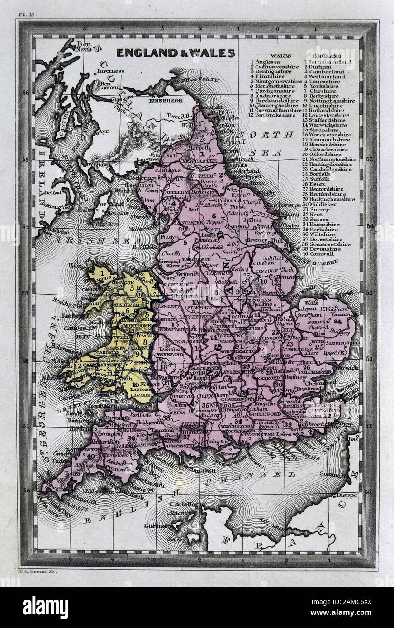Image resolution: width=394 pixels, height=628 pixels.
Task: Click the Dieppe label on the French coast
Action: click(x=347, y=495)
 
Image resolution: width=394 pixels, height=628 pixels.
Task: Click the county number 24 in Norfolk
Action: click(x=337, y=322)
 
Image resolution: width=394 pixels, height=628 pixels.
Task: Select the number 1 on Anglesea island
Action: click(x=103, y=273)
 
